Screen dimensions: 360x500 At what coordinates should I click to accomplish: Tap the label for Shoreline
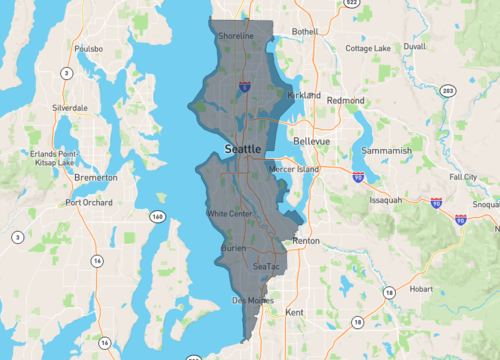pos(236,36)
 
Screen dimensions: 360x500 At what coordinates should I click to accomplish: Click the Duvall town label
pos(414,46)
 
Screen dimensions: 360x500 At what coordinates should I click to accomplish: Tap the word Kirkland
pos(304,95)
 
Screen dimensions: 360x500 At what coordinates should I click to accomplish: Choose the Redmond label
pos(346,101)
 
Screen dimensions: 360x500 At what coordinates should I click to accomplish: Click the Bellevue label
pos(311,142)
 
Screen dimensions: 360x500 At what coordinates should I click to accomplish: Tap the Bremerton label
pos(96,177)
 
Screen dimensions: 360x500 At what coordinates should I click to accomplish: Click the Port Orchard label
pos(87,202)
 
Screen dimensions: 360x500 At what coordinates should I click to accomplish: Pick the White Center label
pos(229,213)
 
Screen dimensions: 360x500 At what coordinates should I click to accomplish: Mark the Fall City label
pos(463,176)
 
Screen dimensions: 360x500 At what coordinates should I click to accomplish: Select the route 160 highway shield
pos(158,216)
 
